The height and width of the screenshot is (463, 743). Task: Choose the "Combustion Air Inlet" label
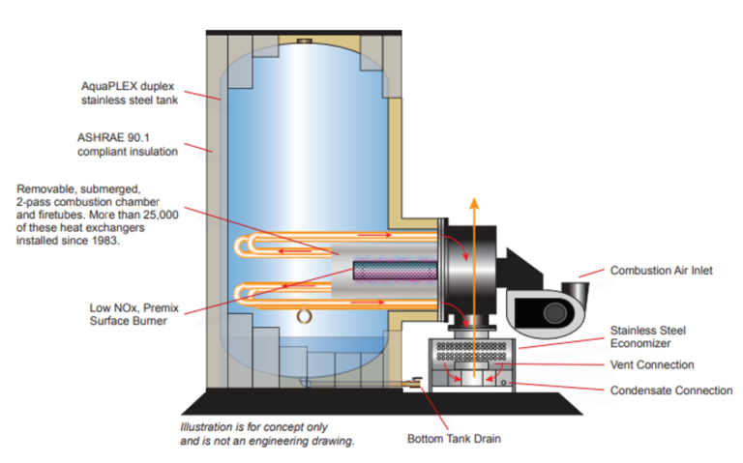tap(661, 271)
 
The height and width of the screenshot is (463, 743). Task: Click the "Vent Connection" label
tap(652, 365)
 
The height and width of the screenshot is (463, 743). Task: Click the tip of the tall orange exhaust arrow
tap(473, 200)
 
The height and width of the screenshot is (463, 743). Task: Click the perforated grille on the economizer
tap(473, 347)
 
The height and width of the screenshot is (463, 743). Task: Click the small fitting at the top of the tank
tap(304, 41)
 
